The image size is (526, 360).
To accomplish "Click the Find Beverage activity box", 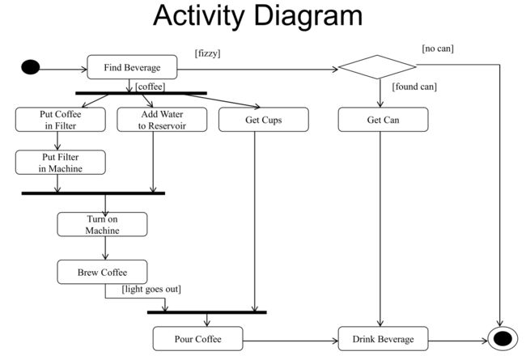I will [131, 68].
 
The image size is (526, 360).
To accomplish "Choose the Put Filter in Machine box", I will [61, 162].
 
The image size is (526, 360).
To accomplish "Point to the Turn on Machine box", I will [102, 224].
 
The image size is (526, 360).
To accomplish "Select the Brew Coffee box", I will [102, 272].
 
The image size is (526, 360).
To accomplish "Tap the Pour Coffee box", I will [198, 338].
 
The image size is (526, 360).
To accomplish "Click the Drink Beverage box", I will [383, 338].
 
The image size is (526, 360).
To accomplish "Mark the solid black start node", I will [30, 67].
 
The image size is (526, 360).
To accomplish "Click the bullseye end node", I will [502, 338].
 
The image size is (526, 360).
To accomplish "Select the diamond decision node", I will [377, 67].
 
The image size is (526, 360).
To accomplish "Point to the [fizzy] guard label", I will [208, 53].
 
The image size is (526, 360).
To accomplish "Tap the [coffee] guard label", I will [150, 86].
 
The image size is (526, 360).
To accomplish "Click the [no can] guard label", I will [437, 49].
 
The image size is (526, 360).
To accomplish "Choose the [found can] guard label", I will [414, 86].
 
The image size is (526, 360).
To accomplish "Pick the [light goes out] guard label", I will [151, 289].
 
